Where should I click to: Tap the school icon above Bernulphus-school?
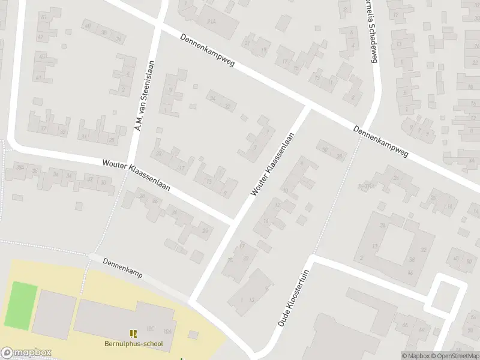(x=133, y=333)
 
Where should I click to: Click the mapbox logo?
(x=26, y=353)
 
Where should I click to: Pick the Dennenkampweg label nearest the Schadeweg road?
(x=380, y=141)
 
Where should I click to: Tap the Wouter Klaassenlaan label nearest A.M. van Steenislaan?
(x=136, y=175)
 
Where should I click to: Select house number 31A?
(x=211, y=22)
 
